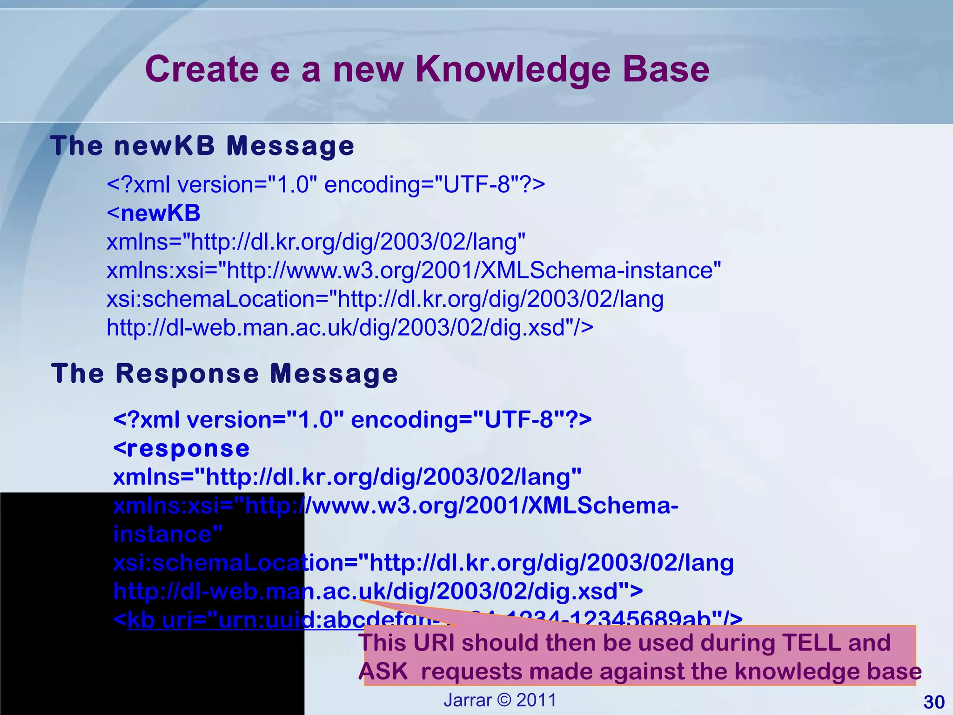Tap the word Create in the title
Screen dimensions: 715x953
[x=201, y=70]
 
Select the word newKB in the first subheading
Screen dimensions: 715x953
[x=164, y=146]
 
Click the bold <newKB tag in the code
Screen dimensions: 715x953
[x=154, y=214]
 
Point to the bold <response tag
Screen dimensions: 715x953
[x=181, y=449]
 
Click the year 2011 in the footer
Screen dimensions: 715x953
[x=537, y=700]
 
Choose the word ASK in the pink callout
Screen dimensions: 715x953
[x=383, y=672]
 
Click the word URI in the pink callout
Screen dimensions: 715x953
[x=434, y=643]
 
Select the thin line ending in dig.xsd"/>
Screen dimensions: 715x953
[x=350, y=328]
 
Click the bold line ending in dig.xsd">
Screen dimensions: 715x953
[x=378, y=592]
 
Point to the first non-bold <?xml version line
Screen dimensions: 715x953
[x=326, y=185]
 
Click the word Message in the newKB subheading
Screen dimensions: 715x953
[x=290, y=146]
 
